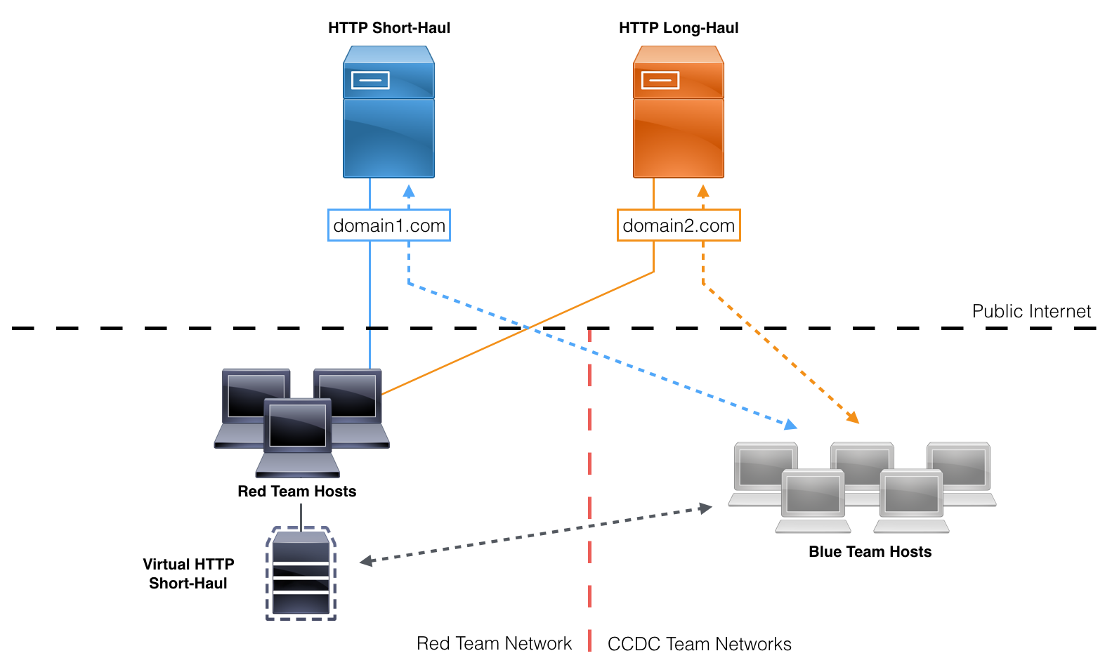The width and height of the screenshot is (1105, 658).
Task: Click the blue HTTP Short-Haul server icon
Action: (388, 112)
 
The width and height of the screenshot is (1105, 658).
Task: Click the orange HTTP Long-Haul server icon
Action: (679, 112)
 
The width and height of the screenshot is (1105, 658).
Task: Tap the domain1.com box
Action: (389, 225)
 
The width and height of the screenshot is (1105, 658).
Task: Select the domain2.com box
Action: (679, 225)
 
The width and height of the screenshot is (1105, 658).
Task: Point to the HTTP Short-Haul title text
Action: (389, 27)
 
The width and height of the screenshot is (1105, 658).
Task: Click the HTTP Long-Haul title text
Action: (679, 27)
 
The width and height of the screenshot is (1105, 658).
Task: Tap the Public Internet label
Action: (1031, 311)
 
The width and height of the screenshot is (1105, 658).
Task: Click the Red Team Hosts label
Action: (297, 492)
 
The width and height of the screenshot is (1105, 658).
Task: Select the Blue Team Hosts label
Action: (870, 551)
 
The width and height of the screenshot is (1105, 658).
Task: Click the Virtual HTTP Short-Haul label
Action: (188, 574)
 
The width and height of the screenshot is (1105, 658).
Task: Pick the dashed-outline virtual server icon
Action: (301, 573)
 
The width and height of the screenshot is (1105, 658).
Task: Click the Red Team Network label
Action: (494, 643)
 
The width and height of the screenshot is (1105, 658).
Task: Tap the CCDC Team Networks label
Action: (700, 644)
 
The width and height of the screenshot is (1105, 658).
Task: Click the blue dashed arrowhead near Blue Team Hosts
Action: (791, 424)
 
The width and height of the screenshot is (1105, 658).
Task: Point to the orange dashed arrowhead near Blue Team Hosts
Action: (853, 417)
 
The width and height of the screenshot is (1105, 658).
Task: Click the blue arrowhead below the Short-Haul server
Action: (408, 191)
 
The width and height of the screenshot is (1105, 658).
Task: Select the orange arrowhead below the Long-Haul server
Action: (703, 191)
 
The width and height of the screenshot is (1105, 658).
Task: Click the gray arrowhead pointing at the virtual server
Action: (366, 561)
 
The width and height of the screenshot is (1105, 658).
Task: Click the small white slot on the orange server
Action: (660, 80)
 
